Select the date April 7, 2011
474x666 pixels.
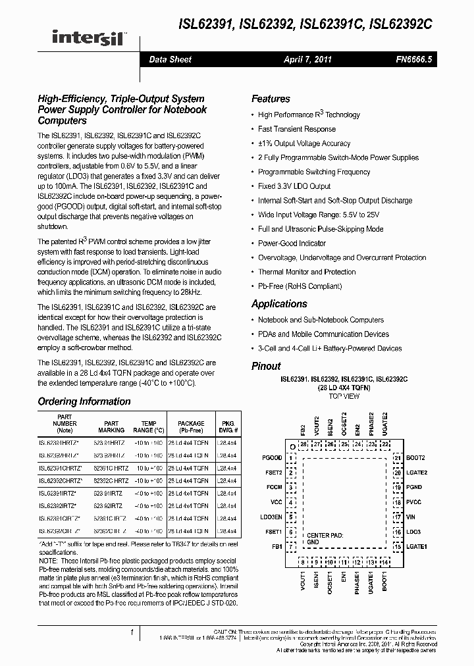(307, 59)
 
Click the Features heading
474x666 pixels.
(271, 99)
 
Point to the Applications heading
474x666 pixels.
(279, 304)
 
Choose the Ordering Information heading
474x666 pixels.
(84, 401)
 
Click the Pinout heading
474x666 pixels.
(266, 366)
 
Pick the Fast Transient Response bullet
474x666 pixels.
(297, 129)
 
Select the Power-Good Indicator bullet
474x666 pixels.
(292, 243)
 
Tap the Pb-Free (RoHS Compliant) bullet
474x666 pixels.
(300, 286)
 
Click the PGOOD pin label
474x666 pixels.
(271, 457)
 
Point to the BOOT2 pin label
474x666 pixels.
(415, 457)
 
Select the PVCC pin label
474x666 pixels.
(414, 502)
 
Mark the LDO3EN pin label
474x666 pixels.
(271, 517)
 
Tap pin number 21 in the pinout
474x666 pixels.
(397, 457)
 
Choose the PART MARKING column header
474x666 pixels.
(111, 427)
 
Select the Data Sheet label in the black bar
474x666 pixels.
(170, 59)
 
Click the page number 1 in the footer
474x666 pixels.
(132, 632)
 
